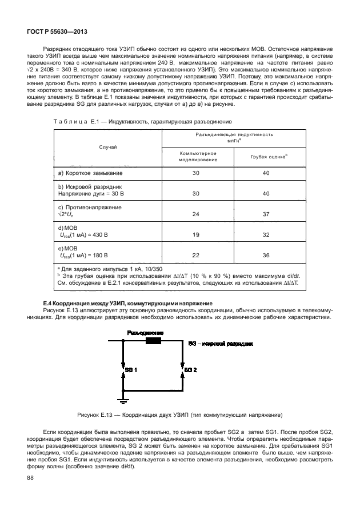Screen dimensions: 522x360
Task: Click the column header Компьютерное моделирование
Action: click(x=197, y=157)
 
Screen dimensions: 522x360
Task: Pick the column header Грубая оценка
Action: click(x=269, y=157)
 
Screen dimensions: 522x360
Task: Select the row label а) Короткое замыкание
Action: click(x=91, y=173)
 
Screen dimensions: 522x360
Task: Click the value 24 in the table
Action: click(x=197, y=214)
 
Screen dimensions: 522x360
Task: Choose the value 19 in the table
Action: click(x=197, y=234)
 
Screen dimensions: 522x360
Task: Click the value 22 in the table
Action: click(x=197, y=255)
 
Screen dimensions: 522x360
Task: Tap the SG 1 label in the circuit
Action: click(x=131, y=370)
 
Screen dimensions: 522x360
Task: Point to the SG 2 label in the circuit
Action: click(x=190, y=370)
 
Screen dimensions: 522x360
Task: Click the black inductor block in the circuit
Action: click(x=153, y=341)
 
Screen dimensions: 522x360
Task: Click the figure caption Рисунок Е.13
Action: click(x=180, y=414)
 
